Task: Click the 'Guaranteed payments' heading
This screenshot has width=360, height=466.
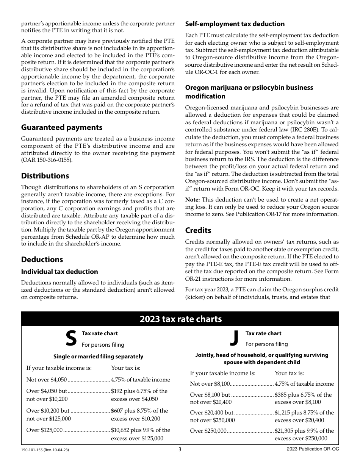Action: pyautogui.click(x=62, y=127)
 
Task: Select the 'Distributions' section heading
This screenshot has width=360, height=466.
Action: pyautogui.click(x=45, y=176)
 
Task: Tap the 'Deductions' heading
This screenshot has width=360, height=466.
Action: pyautogui.click(x=42, y=260)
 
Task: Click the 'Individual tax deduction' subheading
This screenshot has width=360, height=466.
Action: pyautogui.click(x=59, y=272)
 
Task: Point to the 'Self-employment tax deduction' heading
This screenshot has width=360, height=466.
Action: pyautogui.click(x=235, y=24)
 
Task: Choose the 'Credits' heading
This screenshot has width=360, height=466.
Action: pyautogui.click(x=198, y=230)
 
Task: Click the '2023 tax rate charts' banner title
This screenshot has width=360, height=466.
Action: pyautogui.click(x=180, y=319)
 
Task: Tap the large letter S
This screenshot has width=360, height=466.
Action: pyautogui.click(x=71, y=338)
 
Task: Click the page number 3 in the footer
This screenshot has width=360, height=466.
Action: pyautogui.click(x=180, y=450)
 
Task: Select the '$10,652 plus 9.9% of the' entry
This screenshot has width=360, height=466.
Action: pyautogui.click(x=140, y=430)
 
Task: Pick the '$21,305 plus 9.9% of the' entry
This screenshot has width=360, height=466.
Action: pyautogui.click(x=304, y=431)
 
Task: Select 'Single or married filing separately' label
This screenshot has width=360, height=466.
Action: pyautogui.click(x=98, y=357)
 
